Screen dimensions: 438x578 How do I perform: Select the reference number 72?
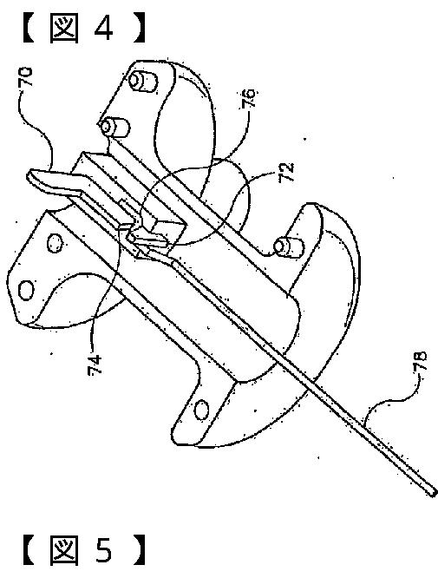coord(287,172)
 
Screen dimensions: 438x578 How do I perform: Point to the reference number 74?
coord(95,365)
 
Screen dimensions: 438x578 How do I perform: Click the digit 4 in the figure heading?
coord(103,29)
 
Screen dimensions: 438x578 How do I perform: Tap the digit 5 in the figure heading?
coord(103,551)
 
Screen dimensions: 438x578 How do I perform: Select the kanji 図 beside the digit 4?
coord(64,28)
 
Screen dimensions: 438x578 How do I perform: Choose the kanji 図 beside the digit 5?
coord(64,551)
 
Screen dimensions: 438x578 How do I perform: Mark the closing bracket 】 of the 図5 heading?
coord(139,551)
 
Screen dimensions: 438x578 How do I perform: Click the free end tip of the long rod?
coord(433,492)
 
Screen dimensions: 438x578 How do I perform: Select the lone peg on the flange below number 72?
coord(289,247)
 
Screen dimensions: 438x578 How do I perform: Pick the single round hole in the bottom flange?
coord(201,410)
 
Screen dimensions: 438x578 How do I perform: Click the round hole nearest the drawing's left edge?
coord(27,291)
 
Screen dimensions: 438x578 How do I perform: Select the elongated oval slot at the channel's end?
coord(148,240)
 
